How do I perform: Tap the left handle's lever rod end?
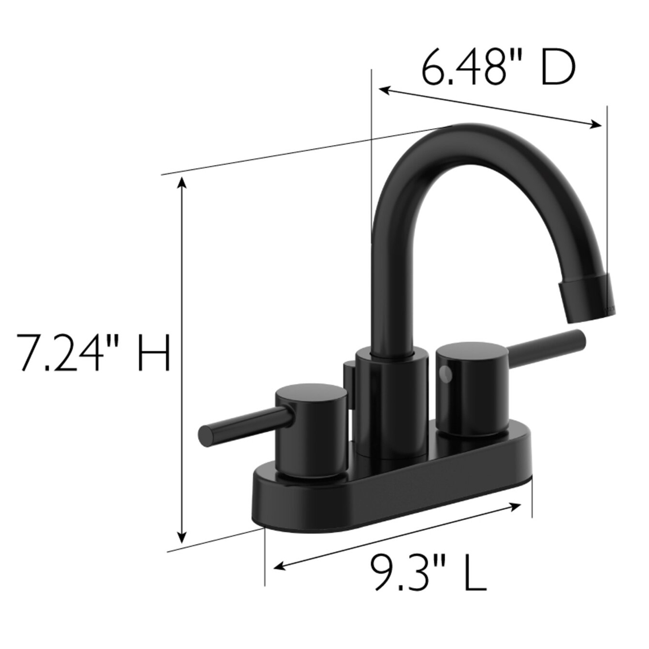point(206,434)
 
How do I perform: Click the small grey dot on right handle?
point(445,373)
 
